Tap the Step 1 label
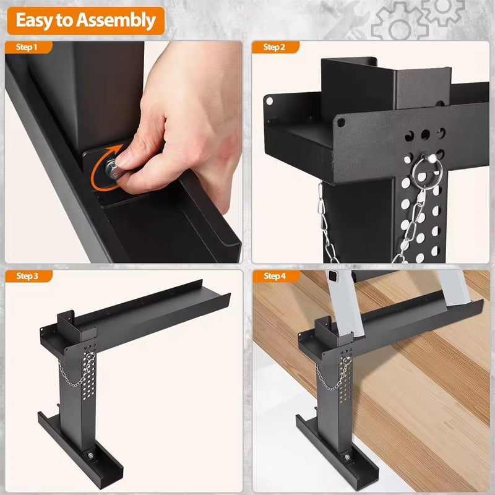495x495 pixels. click(27, 47)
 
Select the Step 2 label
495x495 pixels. click(274, 47)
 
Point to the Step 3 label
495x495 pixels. click(27, 276)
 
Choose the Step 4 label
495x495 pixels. click(274, 276)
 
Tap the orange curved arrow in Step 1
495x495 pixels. click(99, 170)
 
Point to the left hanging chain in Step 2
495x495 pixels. click(326, 223)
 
